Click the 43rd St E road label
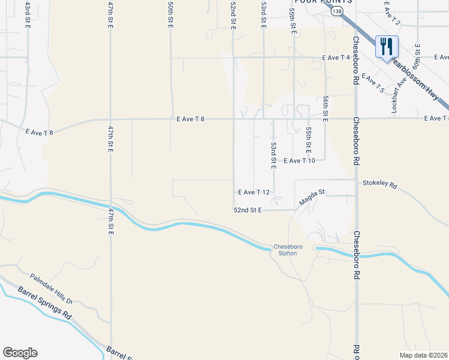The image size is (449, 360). (x=28, y=14)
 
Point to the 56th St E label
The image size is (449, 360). (x=325, y=109)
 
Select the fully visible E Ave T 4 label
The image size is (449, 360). (x=336, y=58)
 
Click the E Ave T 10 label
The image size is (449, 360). (x=299, y=161)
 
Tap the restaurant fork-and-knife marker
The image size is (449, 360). (x=387, y=46)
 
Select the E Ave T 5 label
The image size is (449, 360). (x=373, y=84)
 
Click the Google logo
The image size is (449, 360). (x=20, y=353)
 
